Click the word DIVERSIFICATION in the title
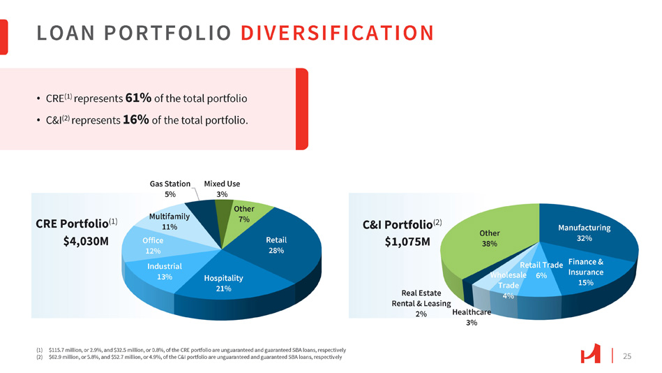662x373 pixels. (x=343, y=33)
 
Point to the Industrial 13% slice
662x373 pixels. (x=165, y=271)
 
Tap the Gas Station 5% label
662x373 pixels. (x=170, y=189)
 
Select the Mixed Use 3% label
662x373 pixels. (x=222, y=189)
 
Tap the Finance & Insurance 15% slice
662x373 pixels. (x=585, y=272)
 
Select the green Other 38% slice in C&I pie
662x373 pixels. (x=489, y=238)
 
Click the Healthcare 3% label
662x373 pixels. (x=472, y=317)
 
